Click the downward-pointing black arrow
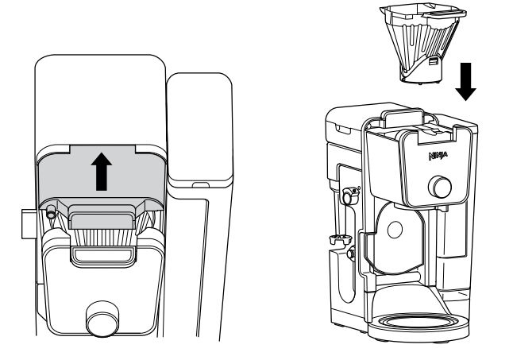(x=467, y=80)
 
